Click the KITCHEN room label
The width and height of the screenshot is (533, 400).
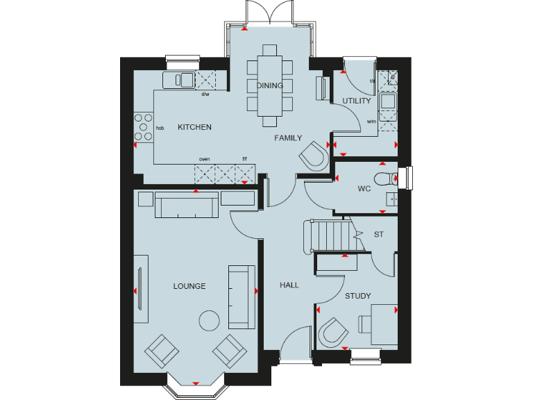tap(194, 127)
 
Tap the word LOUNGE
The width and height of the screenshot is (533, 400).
tap(189, 286)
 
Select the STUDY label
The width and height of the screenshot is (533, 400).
tap(358, 296)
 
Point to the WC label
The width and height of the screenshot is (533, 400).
tap(364, 188)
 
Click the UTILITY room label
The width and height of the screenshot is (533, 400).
tap(356, 101)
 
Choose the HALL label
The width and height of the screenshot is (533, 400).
tap(289, 285)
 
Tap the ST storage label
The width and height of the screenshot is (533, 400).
tap(378, 235)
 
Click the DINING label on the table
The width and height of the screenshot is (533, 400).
tap(269, 86)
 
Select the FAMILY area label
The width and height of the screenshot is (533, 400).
tap(288, 138)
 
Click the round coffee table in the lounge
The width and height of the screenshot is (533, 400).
tap(209, 320)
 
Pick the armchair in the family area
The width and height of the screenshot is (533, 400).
tap(314, 156)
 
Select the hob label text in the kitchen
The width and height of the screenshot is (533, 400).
tap(160, 128)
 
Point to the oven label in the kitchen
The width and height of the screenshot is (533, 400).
tap(204, 159)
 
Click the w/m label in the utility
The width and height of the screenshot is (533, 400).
tap(371, 122)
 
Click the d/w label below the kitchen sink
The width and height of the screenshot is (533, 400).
tap(205, 94)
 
